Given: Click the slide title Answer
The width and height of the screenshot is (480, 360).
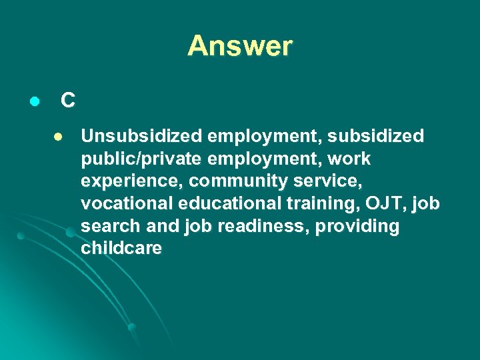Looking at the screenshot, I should [240, 46].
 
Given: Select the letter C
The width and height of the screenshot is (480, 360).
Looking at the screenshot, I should [67, 101].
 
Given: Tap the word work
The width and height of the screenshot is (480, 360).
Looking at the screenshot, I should [349, 159].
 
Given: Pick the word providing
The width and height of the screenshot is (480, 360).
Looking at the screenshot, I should [357, 227].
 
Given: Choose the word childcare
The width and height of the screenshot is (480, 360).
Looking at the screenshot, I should [121, 249].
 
